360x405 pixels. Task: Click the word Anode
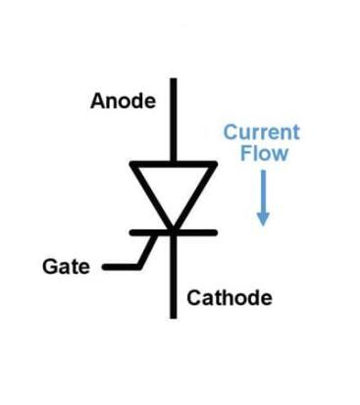coord(122,101)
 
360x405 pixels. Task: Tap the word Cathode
coord(229,297)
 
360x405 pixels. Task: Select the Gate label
coord(64,266)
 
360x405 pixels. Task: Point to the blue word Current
coord(261,132)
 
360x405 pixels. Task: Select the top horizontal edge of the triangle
coord(174,164)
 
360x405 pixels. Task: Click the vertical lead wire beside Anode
coord(174,118)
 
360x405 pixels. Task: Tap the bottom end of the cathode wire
coord(174,317)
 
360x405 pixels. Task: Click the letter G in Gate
coord(50,266)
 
